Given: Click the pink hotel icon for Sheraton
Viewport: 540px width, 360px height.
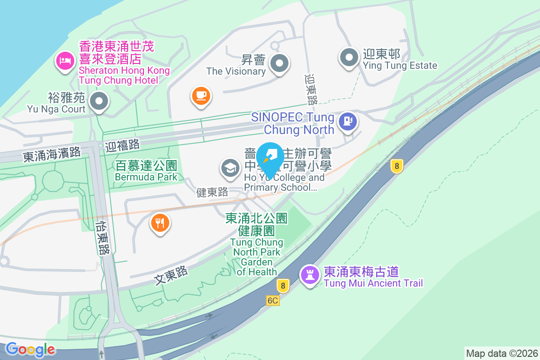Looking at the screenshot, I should point(65,61).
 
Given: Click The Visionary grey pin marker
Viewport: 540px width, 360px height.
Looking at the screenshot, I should point(279,63).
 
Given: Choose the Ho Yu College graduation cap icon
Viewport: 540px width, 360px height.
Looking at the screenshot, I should point(230,168).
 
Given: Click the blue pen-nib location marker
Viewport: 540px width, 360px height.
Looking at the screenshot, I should point(270,157).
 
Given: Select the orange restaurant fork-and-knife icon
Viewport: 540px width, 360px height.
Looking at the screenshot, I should point(160,222).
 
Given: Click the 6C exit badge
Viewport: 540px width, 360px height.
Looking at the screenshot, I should point(273,301).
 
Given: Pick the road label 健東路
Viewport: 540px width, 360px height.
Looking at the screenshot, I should point(213,193).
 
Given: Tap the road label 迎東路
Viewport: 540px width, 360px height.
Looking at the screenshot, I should point(311,90).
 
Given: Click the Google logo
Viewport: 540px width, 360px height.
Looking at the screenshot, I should point(31,349).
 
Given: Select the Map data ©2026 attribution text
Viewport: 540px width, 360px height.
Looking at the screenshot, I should point(502,353).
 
